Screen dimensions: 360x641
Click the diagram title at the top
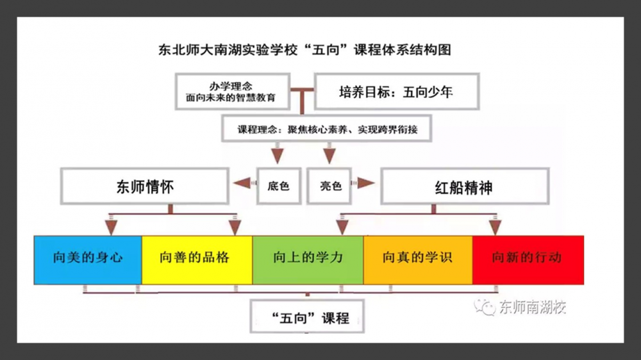[x=304, y=49]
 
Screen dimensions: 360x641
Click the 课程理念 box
[x=328, y=129]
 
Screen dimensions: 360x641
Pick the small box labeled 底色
[x=279, y=186]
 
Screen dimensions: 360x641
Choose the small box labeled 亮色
[x=331, y=186]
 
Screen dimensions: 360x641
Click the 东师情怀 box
[x=145, y=186]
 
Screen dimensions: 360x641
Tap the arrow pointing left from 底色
[x=242, y=184]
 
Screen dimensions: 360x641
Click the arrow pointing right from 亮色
[x=366, y=184]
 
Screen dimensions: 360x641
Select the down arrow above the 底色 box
[x=277, y=155]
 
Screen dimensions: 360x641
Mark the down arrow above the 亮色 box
[x=329, y=155]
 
